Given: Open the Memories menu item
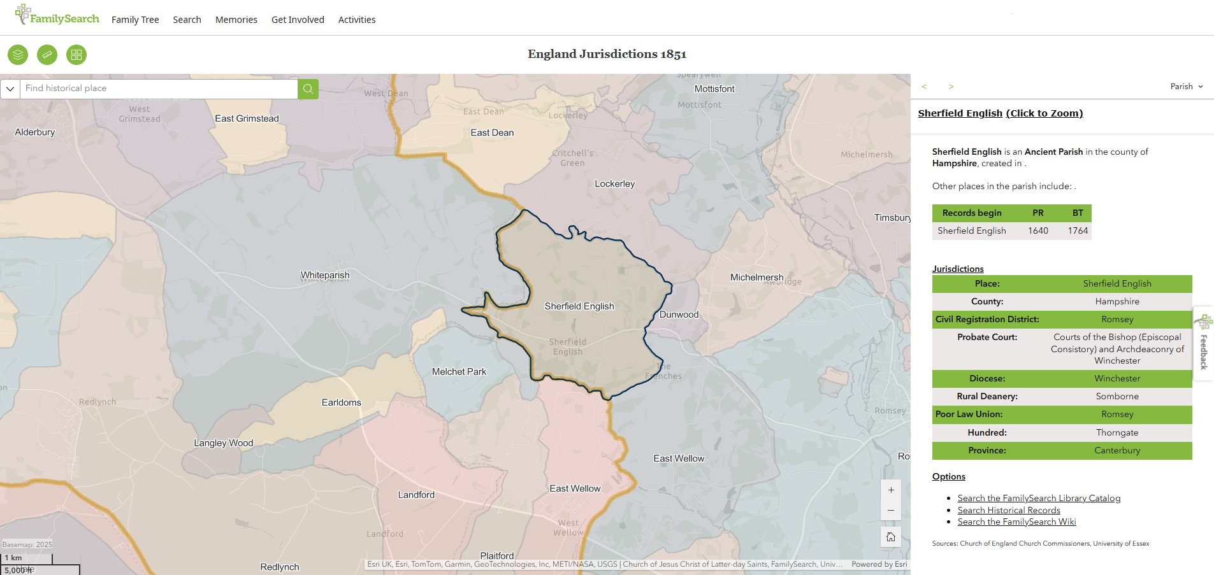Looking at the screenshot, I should point(236,20).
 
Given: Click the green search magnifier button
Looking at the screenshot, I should point(308,89).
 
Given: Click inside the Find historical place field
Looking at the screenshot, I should point(158,89).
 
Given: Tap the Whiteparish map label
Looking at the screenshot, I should point(325,275).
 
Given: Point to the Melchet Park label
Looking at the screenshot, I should point(459,372).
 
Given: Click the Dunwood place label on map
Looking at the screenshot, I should point(679,315).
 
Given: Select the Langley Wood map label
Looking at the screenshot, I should point(223,443).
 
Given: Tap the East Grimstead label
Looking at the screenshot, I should point(247,118).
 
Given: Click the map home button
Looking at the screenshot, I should point(890,537).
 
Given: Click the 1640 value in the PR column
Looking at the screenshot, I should point(1037,231).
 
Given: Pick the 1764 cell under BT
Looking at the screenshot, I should point(1078,231).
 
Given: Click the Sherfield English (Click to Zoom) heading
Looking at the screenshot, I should point(1000,113).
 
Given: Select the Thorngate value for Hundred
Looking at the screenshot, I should point(1116,432).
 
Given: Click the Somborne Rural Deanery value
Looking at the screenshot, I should point(1116,396).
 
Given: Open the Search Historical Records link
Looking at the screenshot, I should point(1008,510).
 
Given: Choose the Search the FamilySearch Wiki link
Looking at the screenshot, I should point(1016,522).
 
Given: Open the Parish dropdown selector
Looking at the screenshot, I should point(1186,87).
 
